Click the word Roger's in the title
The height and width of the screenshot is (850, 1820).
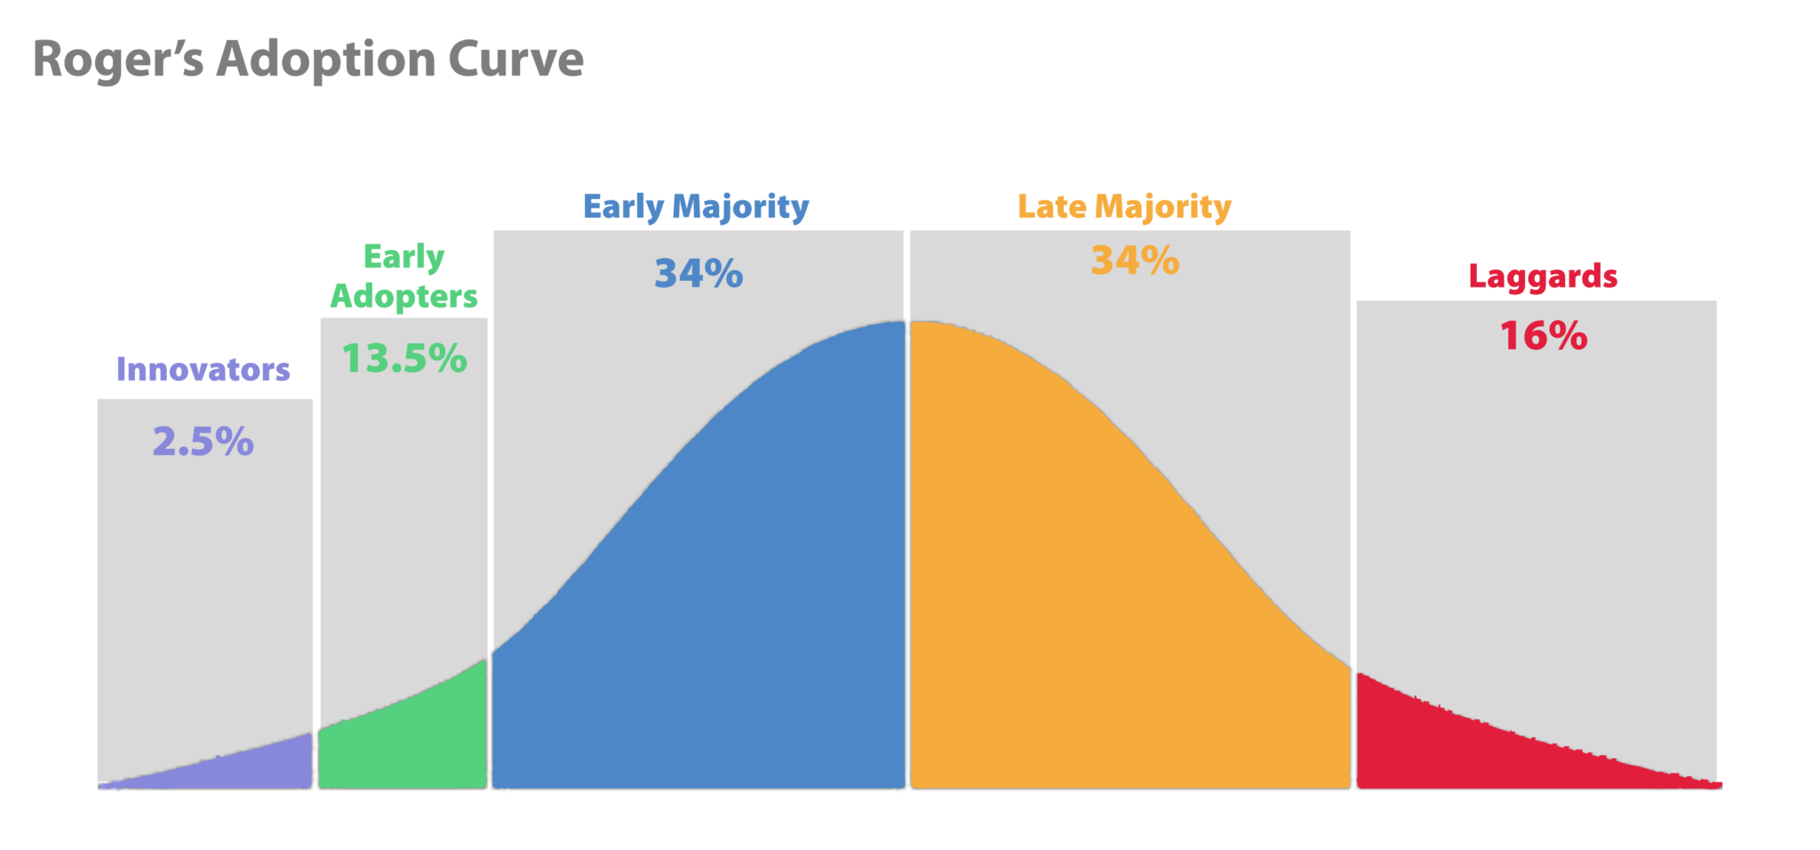(x=118, y=60)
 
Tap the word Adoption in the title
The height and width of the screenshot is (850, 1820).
(x=325, y=60)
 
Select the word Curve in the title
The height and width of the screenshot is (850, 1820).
(x=515, y=60)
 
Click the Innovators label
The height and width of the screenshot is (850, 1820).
(x=204, y=369)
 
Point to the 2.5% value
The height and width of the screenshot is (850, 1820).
(x=204, y=442)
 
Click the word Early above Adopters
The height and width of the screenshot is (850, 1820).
(x=403, y=257)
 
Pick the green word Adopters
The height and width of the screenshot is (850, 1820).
(x=403, y=296)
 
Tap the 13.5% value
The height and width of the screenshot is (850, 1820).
(x=403, y=358)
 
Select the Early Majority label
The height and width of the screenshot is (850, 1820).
(x=696, y=206)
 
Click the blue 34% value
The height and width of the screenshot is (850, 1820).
(x=698, y=274)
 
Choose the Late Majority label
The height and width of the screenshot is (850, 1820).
(x=1124, y=206)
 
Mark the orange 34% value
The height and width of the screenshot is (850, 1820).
(x=1135, y=261)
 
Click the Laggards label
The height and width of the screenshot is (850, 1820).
(x=1543, y=277)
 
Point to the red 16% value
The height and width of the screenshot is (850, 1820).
(x=1544, y=336)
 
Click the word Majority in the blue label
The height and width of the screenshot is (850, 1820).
(x=740, y=206)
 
